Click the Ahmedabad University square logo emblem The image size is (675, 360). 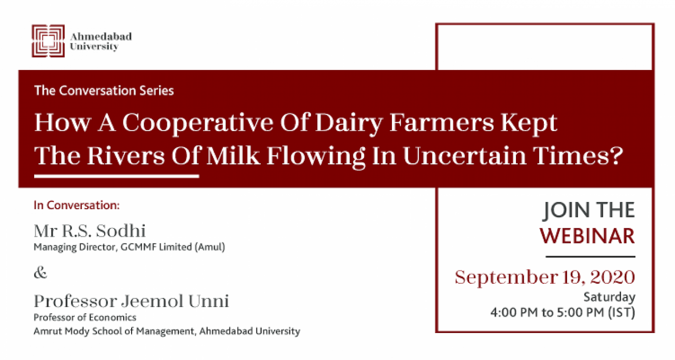coord(48,40)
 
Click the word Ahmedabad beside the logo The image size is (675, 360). coord(101,37)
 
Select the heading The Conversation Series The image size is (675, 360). coord(104,91)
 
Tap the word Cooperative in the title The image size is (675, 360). coord(198,123)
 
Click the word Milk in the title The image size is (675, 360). coord(233,156)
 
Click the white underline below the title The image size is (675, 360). coord(117,176)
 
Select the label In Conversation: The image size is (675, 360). coord(77,205)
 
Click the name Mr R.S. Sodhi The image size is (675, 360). coord(90,231)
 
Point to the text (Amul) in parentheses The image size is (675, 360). coord(210,247)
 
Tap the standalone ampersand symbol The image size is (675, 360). coord(40,273)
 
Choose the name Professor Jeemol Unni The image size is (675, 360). coord(131,301)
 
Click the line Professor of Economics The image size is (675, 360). coord(85,318)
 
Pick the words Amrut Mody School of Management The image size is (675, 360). coord(114,331)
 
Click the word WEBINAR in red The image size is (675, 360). coord(587,236)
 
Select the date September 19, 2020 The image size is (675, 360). coord(545,277)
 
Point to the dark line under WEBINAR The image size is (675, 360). coord(591,257)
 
